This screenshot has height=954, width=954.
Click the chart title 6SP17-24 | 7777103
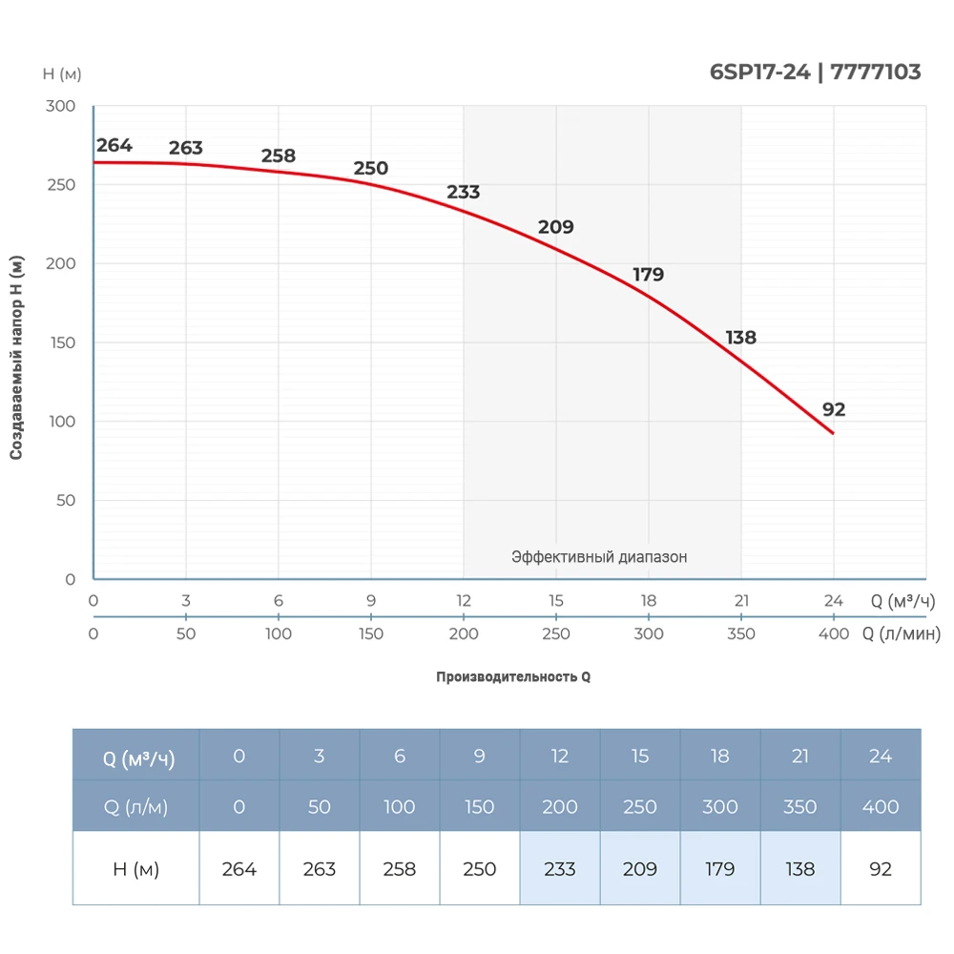816,73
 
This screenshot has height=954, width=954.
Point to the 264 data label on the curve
114,146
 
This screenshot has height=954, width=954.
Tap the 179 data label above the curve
648,275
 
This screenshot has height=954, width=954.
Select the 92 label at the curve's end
834,410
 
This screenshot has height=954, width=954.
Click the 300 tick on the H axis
61,106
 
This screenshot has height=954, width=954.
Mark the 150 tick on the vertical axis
61,342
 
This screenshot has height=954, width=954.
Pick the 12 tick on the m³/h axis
464,601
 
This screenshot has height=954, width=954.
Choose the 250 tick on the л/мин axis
556,634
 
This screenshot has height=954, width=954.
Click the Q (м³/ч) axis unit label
902,601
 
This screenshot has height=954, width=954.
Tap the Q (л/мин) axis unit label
902,634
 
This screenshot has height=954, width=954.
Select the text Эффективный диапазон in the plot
599,557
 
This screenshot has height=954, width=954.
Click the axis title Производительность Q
513,677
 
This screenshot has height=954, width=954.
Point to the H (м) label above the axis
62,73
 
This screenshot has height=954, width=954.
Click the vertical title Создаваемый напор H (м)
16,359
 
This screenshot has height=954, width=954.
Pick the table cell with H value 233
560,869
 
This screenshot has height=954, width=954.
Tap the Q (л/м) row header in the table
135,807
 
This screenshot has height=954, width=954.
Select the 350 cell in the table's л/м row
799,807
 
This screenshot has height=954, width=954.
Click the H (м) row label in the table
135,869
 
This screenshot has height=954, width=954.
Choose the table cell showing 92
881,869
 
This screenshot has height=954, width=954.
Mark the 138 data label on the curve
741,338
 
